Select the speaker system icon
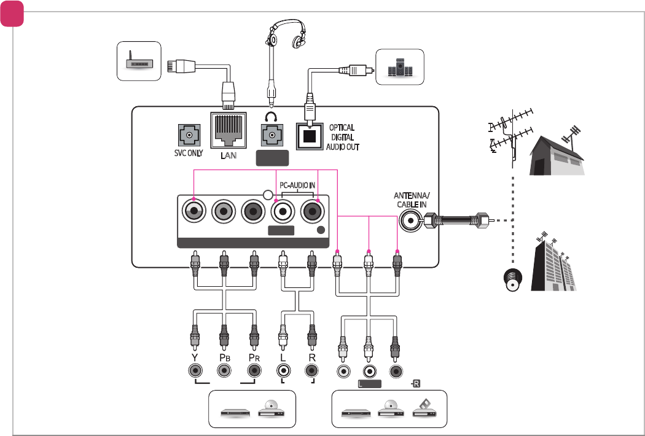(x=401, y=67)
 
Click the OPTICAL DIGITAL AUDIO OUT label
(x=342, y=138)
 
